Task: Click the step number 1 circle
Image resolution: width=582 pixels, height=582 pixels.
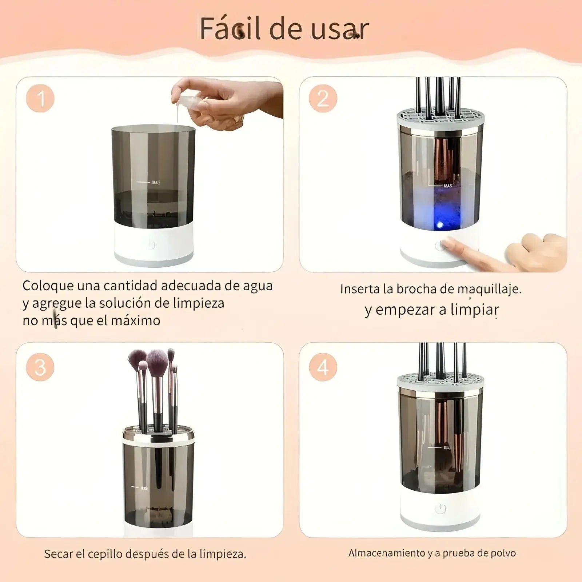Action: click(40, 99)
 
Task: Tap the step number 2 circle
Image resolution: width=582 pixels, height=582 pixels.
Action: click(323, 99)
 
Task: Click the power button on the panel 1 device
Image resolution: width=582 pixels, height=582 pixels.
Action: click(151, 245)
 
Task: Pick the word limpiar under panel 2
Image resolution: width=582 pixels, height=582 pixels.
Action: click(474, 310)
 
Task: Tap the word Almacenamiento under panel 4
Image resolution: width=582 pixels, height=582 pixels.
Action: click(387, 553)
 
